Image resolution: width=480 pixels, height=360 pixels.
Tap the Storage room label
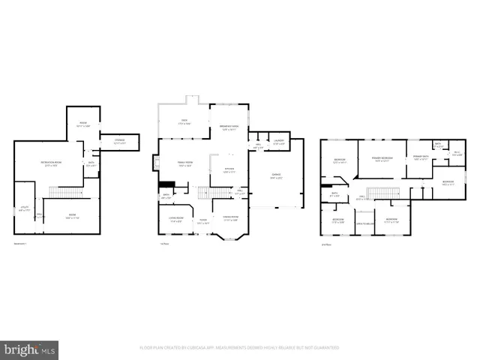119,142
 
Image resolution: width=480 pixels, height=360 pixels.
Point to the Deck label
182,123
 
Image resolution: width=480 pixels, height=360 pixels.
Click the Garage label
277,177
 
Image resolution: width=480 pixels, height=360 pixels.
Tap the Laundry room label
278,142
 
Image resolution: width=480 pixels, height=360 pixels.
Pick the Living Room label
175,220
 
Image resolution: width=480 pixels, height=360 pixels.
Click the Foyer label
202,221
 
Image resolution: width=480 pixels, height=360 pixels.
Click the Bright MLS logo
29,349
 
